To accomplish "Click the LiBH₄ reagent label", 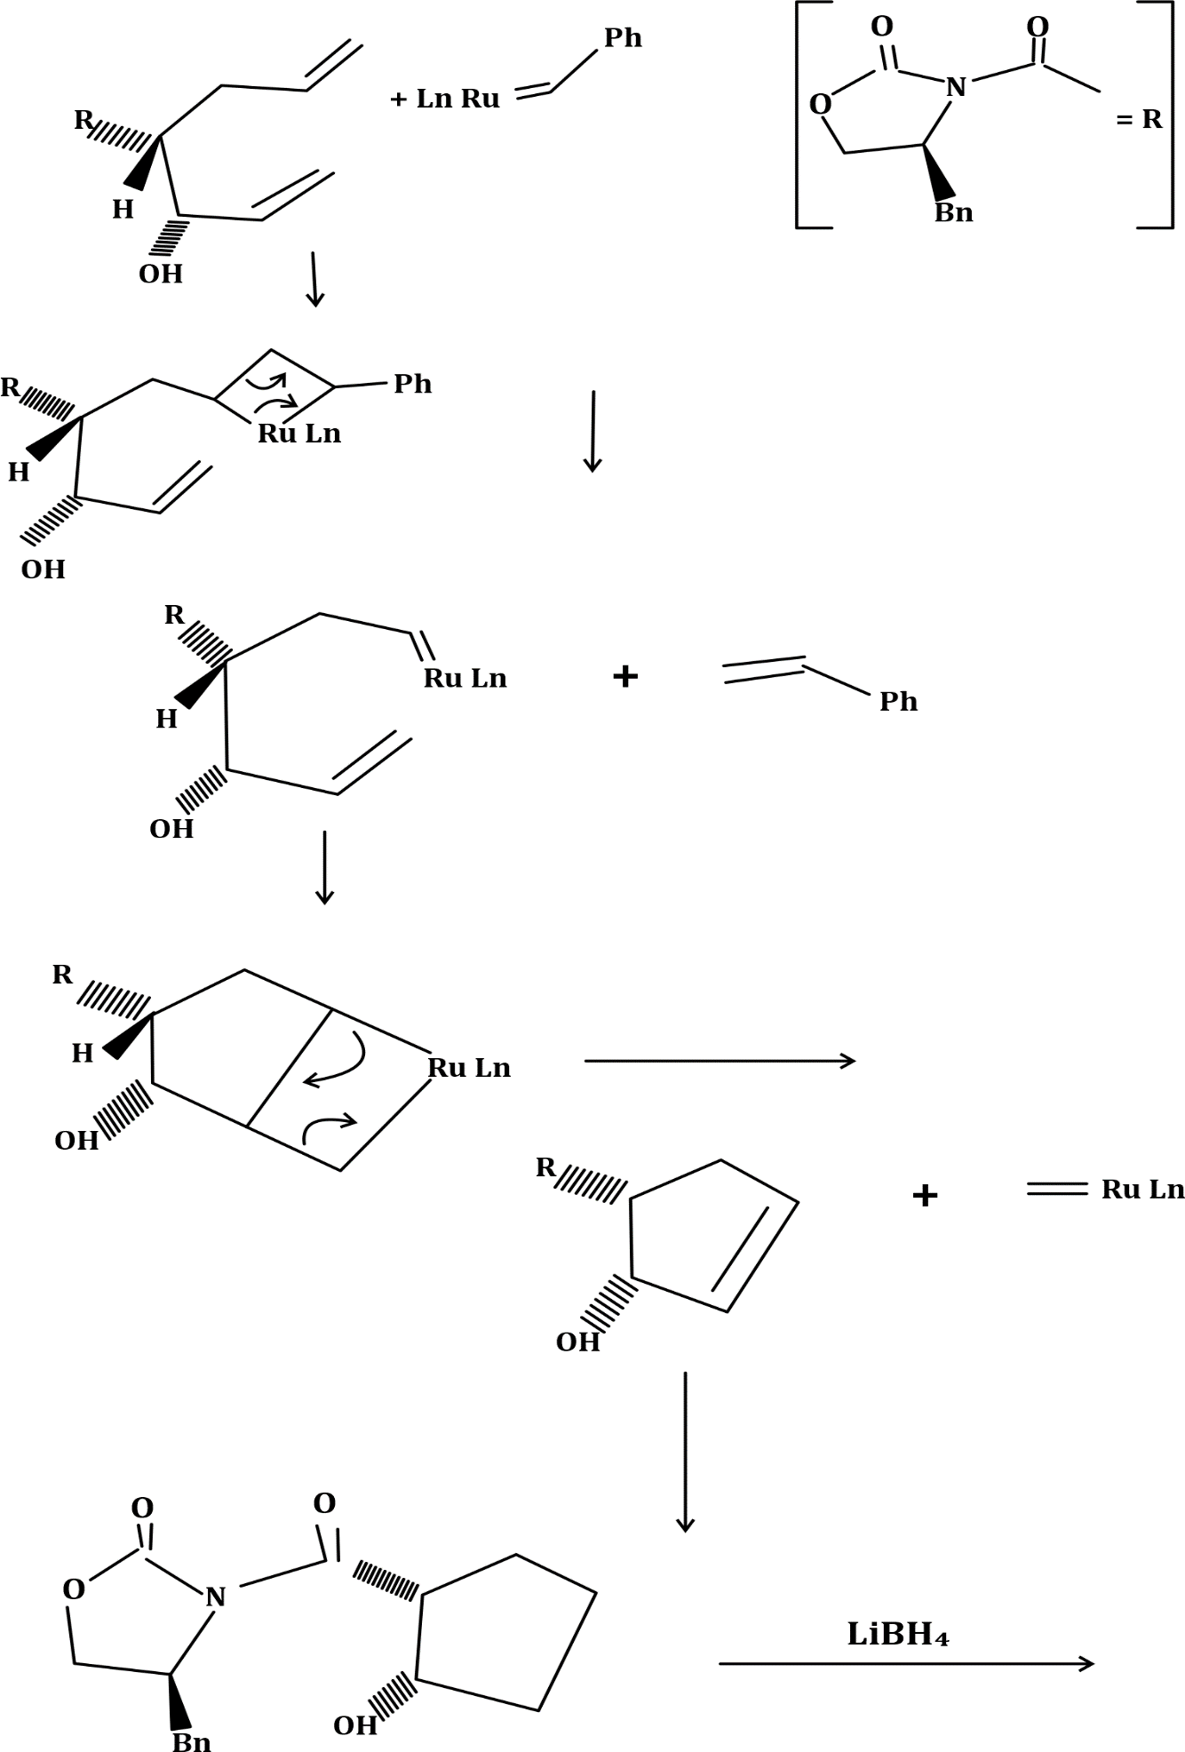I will (898, 1634).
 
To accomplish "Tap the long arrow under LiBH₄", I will (906, 1664).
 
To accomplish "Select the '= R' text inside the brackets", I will (1139, 119).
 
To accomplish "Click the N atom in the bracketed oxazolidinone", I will (956, 87).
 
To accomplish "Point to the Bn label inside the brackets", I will (953, 213).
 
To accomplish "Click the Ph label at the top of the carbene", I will (623, 38).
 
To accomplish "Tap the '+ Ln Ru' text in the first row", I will (445, 99).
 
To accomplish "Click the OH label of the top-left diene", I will (161, 274).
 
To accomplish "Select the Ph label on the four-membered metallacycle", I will (413, 384).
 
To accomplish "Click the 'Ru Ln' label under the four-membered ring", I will (299, 434).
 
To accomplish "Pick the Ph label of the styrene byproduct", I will (898, 702).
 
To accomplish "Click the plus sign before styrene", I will (625, 677).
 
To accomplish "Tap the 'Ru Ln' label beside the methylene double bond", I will (1142, 1190).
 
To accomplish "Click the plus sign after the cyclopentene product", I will (925, 1196).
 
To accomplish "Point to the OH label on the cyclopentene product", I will (577, 1342).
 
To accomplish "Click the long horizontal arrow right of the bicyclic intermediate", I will (720, 1061).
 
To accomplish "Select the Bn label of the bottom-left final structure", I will (192, 1742).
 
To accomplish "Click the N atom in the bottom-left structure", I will (216, 1597).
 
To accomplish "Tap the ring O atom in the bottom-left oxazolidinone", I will (74, 1589).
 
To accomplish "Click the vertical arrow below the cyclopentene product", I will (685, 1452).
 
